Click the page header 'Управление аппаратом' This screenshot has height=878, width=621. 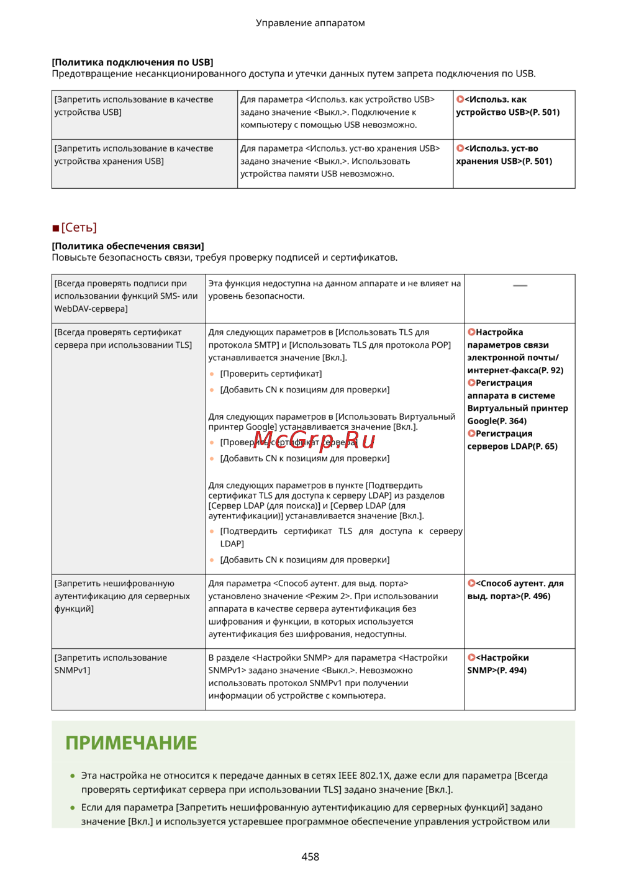click(x=310, y=23)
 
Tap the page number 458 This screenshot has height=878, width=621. click(x=310, y=856)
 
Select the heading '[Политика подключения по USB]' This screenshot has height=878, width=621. click(x=132, y=62)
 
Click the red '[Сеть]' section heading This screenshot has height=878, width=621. click(x=79, y=227)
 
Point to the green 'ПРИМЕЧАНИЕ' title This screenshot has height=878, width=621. click(x=131, y=743)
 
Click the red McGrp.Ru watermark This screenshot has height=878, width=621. click(x=314, y=440)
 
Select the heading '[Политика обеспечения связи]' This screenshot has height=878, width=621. click(x=127, y=246)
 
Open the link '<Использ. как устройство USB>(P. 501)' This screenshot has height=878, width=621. click(x=507, y=106)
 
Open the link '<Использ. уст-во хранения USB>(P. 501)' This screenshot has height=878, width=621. click(x=504, y=155)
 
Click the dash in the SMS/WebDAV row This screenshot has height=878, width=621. click(x=520, y=286)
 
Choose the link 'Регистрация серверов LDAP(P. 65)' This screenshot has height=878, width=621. click(x=512, y=440)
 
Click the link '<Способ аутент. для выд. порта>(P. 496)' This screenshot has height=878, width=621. click(x=515, y=590)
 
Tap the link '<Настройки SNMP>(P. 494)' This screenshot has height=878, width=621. click(x=498, y=664)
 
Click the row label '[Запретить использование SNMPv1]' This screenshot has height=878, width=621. click(x=111, y=664)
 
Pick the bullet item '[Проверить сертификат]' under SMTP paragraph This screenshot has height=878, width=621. click(x=271, y=374)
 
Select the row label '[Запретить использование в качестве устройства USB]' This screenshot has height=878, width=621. click(x=134, y=106)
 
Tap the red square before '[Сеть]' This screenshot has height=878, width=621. click(x=56, y=229)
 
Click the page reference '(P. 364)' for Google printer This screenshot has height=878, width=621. click(x=512, y=421)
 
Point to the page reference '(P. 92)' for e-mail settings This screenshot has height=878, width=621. click(x=551, y=370)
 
